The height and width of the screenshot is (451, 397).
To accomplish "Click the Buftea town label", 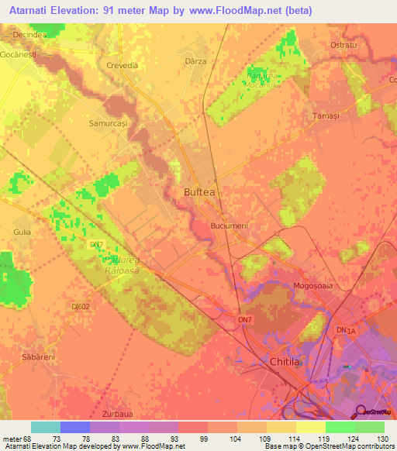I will (200, 192).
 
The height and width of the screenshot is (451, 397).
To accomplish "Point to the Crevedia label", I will (121, 65).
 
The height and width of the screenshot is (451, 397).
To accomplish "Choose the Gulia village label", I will (22, 232).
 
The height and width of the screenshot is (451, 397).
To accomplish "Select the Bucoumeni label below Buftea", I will (229, 225).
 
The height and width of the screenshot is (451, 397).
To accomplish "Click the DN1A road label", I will (345, 330).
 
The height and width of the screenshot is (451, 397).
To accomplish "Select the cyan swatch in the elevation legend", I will (46, 427).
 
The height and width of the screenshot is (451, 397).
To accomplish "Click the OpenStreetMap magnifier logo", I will (361, 411).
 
